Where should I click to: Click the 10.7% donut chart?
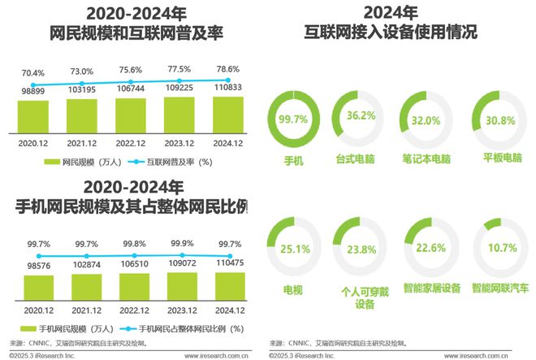501,249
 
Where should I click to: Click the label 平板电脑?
501,161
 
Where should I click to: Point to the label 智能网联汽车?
501,288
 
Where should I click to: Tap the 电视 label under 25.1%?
291,288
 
